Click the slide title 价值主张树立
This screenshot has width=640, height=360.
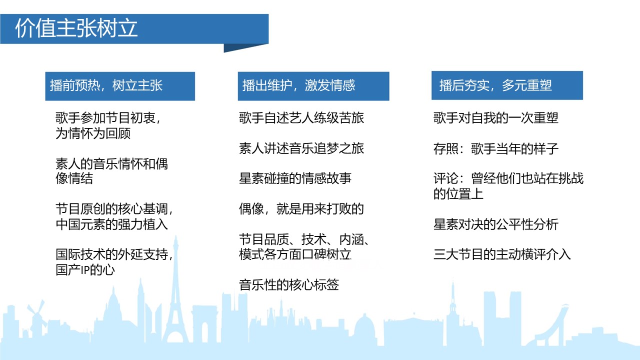tap(76, 28)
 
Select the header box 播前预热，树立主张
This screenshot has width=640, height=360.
tap(120, 86)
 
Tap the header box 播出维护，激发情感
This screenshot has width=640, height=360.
tap(313, 86)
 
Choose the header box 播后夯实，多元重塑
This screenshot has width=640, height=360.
tap(507, 85)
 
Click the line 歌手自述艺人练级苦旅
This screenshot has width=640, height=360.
tap(301, 117)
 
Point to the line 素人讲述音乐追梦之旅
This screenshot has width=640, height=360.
tap(301, 148)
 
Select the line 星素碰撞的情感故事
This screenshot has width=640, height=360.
tap(295, 178)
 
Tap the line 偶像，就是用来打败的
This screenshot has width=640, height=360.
tap(301, 209)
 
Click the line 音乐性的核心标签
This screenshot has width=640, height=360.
tap(289, 284)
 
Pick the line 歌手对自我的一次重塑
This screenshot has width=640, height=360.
tap(495, 117)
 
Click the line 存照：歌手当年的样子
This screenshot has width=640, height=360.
tap(495, 148)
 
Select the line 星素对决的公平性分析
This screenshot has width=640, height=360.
tap(495, 224)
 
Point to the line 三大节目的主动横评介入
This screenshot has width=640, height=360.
tap(502, 254)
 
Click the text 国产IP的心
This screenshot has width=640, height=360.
tap(85, 269)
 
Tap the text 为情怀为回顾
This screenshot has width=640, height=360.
tap(93, 133)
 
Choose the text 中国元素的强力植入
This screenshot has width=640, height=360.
tap(111, 224)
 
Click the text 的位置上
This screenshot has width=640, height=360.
tap(458, 193)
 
